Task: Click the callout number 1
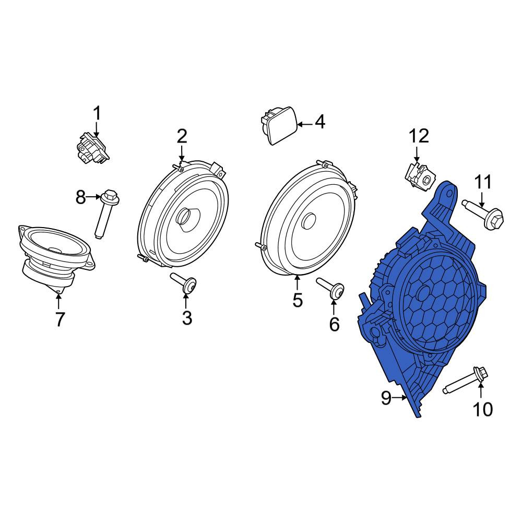97,113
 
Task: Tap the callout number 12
419,136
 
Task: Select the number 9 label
386,398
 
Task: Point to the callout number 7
60,319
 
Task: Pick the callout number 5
298,300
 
